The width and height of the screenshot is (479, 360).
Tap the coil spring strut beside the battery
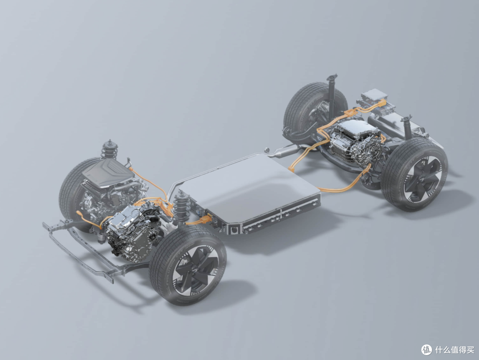click(x=180, y=207)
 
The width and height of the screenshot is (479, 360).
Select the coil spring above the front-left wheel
click(x=109, y=149)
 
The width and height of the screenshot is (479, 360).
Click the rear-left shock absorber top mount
click(x=332, y=78)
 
